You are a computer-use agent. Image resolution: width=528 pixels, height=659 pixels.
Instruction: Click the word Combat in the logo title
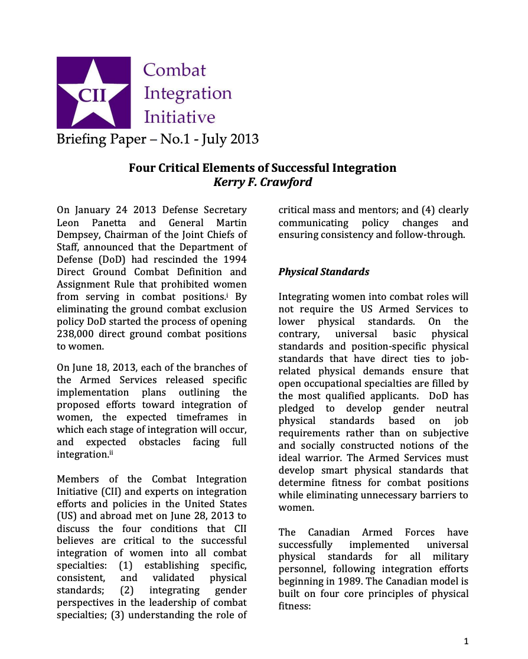[175, 70]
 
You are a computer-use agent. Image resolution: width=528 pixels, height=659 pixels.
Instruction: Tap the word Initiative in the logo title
[180, 116]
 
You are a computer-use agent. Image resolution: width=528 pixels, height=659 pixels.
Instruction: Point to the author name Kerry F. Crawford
[262, 182]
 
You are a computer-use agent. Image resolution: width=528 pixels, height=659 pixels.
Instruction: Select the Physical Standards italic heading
[324, 272]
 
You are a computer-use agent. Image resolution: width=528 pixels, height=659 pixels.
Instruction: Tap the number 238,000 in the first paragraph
[79, 334]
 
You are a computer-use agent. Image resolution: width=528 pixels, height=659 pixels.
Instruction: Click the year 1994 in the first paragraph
[235, 260]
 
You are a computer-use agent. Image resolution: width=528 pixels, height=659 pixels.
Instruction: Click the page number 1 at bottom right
[466, 641]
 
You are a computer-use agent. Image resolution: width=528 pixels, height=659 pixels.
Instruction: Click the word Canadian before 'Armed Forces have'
[333, 532]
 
